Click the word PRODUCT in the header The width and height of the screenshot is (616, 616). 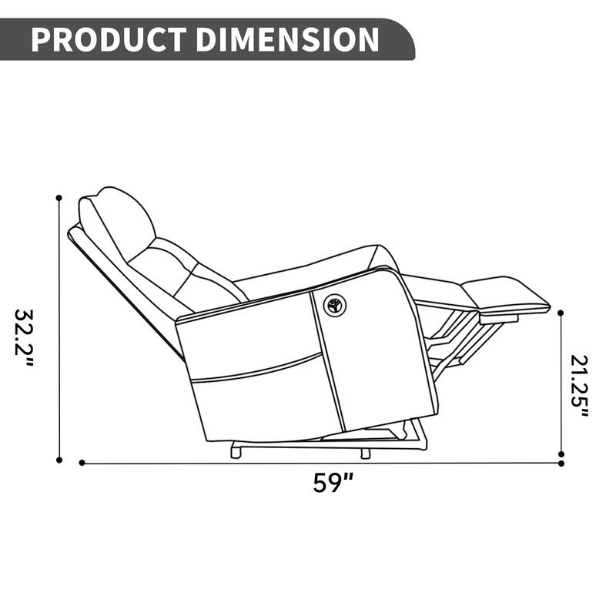108,39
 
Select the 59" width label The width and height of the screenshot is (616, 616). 333,483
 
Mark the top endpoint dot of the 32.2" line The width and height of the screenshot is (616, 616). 59,198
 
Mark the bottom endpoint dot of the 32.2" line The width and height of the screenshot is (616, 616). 59,460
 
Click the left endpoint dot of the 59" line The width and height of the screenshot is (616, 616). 82,463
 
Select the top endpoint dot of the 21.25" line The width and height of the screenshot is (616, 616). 561,313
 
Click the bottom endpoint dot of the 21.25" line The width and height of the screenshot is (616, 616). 561,454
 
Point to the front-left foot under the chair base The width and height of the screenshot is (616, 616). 236,453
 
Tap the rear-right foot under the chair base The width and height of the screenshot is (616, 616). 365,454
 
